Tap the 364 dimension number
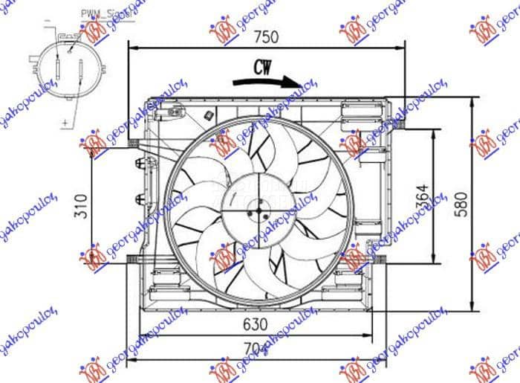click(422, 195)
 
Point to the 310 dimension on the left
click(81, 206)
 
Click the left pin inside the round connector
click(58, 68)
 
